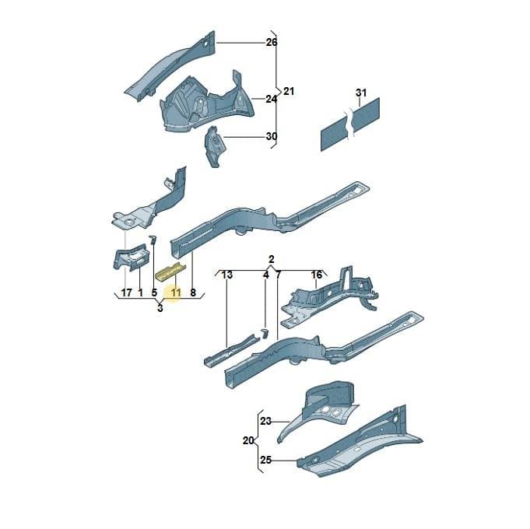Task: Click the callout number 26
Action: click(x=272, y=43)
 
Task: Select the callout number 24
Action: click(x=271, y=100)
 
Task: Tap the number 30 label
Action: click(x=272, y=136)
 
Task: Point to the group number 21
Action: click(x=289, y=91)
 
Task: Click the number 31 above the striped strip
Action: click(x=361, y=93)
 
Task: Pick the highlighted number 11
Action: click(x=176, y=293)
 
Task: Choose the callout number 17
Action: click(x=126, y=293)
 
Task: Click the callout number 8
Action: click(x=193, y=293)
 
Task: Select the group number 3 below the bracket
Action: click(x=160, y=308)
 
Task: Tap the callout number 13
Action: click(x=226, y=275)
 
